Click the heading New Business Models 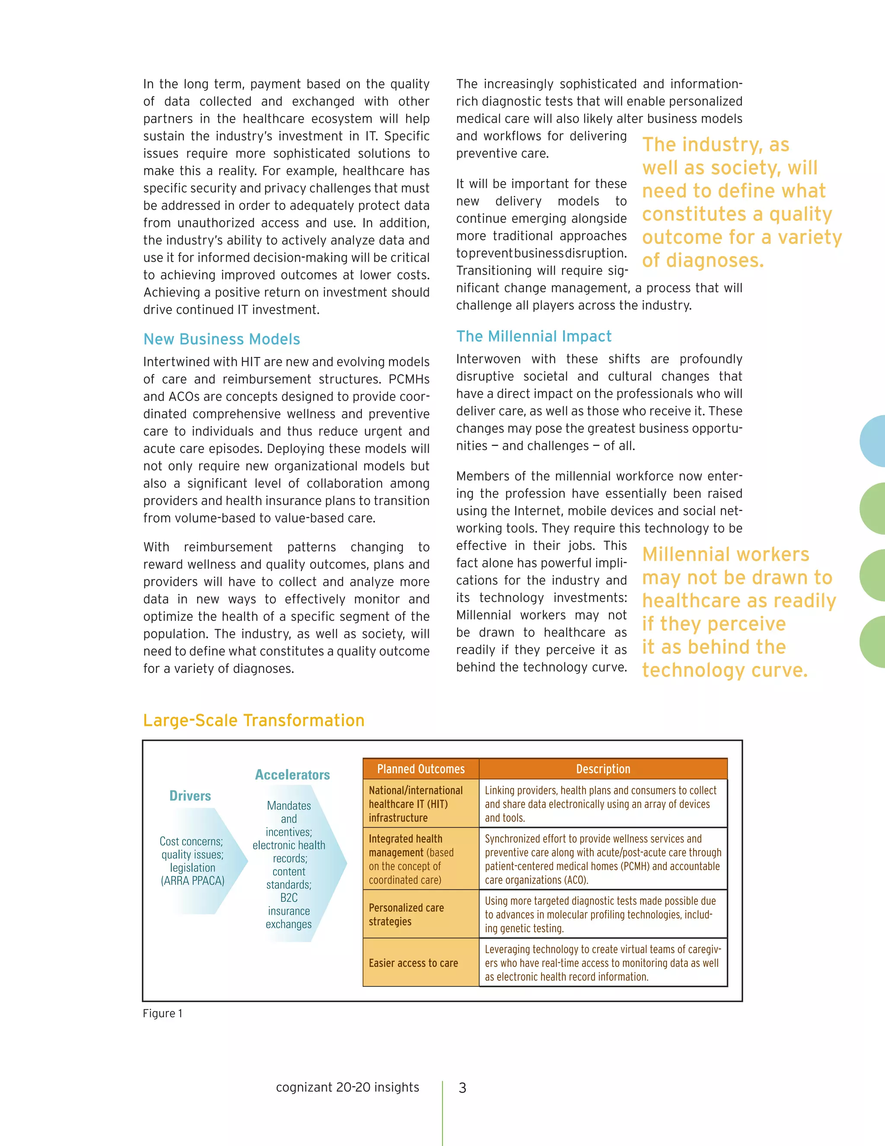(222, 339)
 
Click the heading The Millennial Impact (534, 336)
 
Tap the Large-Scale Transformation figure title (254, 720)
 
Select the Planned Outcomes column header (420, 769)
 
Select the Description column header (603, 769)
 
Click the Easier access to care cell (413, 964)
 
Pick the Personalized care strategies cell (406, 915)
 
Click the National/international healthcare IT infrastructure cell (415, 804)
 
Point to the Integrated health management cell (411, 859)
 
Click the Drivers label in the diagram (190, 796)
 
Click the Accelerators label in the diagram (292, 775)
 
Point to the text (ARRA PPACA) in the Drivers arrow (192, 881)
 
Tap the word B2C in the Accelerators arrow (289, 898)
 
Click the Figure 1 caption (162, 1013)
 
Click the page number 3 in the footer (462, 1088)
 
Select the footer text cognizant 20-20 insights (347, 1087)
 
